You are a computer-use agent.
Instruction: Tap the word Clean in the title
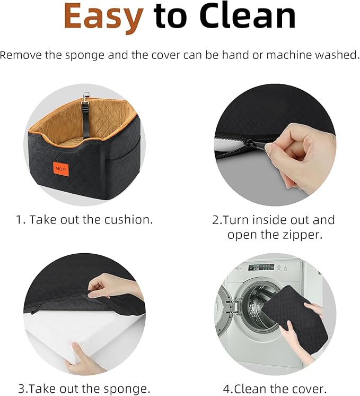tap(248, 15)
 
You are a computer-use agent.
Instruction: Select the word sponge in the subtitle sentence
tap(84, 56)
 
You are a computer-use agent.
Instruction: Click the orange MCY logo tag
tap(60, 169)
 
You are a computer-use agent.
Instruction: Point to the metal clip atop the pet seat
tap(86, 97)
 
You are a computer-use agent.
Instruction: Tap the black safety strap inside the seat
tap(85, 119)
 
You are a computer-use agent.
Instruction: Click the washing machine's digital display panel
tap(261, 267)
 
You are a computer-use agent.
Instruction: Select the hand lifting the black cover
tap(111, 287)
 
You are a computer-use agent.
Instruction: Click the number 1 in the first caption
tap(19, 220)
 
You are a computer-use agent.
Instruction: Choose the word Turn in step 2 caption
tap(235, 220)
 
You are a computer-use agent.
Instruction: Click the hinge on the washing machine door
tap(232, 306)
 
